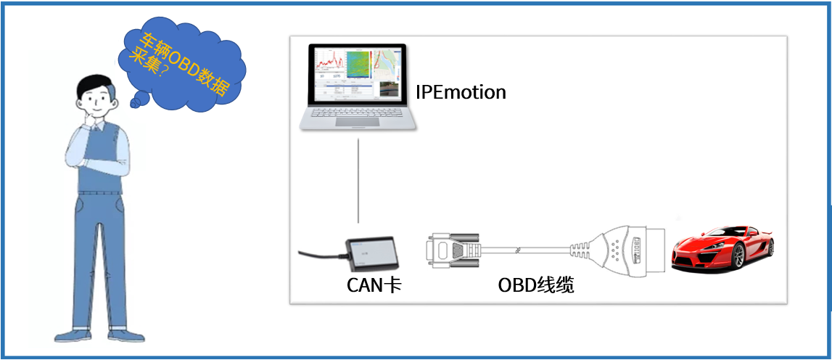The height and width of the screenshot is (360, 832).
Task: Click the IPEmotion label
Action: [461, 93]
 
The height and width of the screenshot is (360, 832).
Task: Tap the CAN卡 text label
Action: [374, 286]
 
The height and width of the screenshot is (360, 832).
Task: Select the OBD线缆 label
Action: [536, 286]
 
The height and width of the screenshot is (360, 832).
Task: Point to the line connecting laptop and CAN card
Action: [358, 181]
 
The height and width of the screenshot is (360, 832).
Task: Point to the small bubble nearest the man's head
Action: [136, 103]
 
